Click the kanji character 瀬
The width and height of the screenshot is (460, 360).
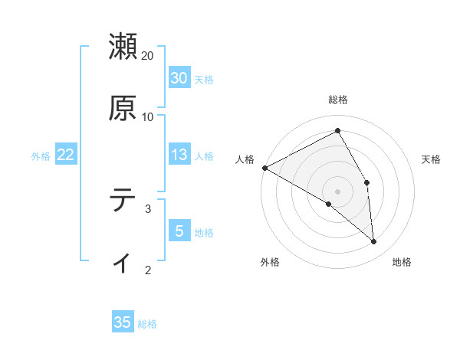pyautogui.click(x=123, y=46)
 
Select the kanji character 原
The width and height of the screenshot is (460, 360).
pyautogui.click(x=123, y=108)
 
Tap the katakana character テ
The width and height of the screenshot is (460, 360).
pyautogui.click(x=123, y=201)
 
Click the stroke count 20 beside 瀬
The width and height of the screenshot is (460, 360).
pyautogui.click(x=148, y=56)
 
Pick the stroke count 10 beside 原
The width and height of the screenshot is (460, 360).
pyautogui.click(x=148, y=117)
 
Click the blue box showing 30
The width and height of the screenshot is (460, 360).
pyautogui.click(x=179, y=78)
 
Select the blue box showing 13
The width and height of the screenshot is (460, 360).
pyautogui.click(x=179, y=155)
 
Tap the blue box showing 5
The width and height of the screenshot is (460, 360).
pyautogui.click(x=179, y=231)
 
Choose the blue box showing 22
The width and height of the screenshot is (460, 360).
pyautogui.click(x=66, y=155)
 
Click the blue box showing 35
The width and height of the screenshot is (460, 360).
pyautogui.click(x=123, y=322)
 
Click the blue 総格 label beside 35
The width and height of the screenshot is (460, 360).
pyautogui.click(x=147, y=324)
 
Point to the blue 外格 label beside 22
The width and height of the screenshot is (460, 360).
pyautogui.click(x=41, y=156)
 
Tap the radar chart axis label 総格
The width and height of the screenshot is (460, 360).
pyautogui.click(x=338, y=100)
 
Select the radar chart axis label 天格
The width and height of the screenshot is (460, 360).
pyautogui.click(x=432, y=159)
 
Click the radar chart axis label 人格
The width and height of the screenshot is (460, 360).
pyautogui.click(x=245, y=159)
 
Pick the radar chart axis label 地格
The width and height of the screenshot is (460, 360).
pyautogui.click(x=402, y=263)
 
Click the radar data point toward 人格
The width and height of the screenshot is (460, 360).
pyautogui.click(x=264, y=168)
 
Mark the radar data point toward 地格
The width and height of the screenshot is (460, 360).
pyautogui.click(x=374, y=242)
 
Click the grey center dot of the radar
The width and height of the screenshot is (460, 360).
pyautogui.click(x=338, y=191)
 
